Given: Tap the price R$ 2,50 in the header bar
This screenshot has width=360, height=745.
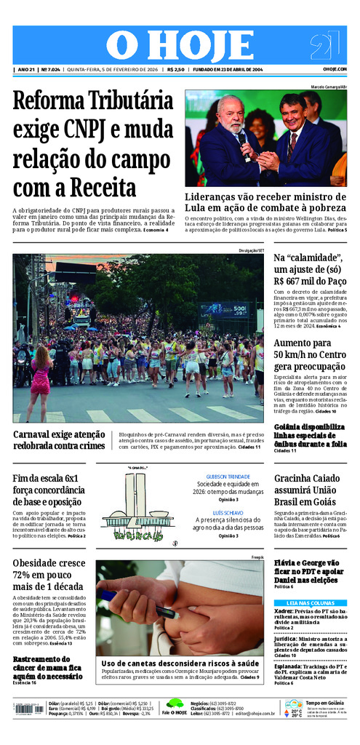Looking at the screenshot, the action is coord(175,69).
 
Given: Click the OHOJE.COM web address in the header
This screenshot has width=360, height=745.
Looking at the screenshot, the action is coord(335,69).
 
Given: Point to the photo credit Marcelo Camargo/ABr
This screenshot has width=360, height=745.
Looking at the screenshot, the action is coord(328,87).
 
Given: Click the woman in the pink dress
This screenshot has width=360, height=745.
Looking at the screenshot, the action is coord(39,375).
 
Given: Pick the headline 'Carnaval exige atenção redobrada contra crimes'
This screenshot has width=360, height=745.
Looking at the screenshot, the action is coord(60,439).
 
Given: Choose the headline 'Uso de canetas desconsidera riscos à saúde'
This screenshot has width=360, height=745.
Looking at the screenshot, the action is coord(179,664).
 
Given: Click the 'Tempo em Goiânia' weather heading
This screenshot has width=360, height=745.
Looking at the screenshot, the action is coord(325,703).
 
